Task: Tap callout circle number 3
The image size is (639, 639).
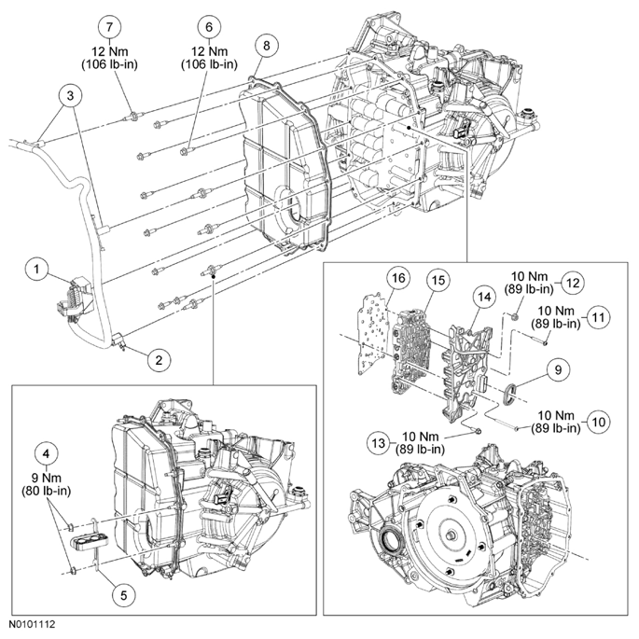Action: pyautogui.click(x=68, y=93)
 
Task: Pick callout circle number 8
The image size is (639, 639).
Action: pyautogui.click(x=268, y=44)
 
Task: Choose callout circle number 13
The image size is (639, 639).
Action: pyautogui.click(x=376, y=440)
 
